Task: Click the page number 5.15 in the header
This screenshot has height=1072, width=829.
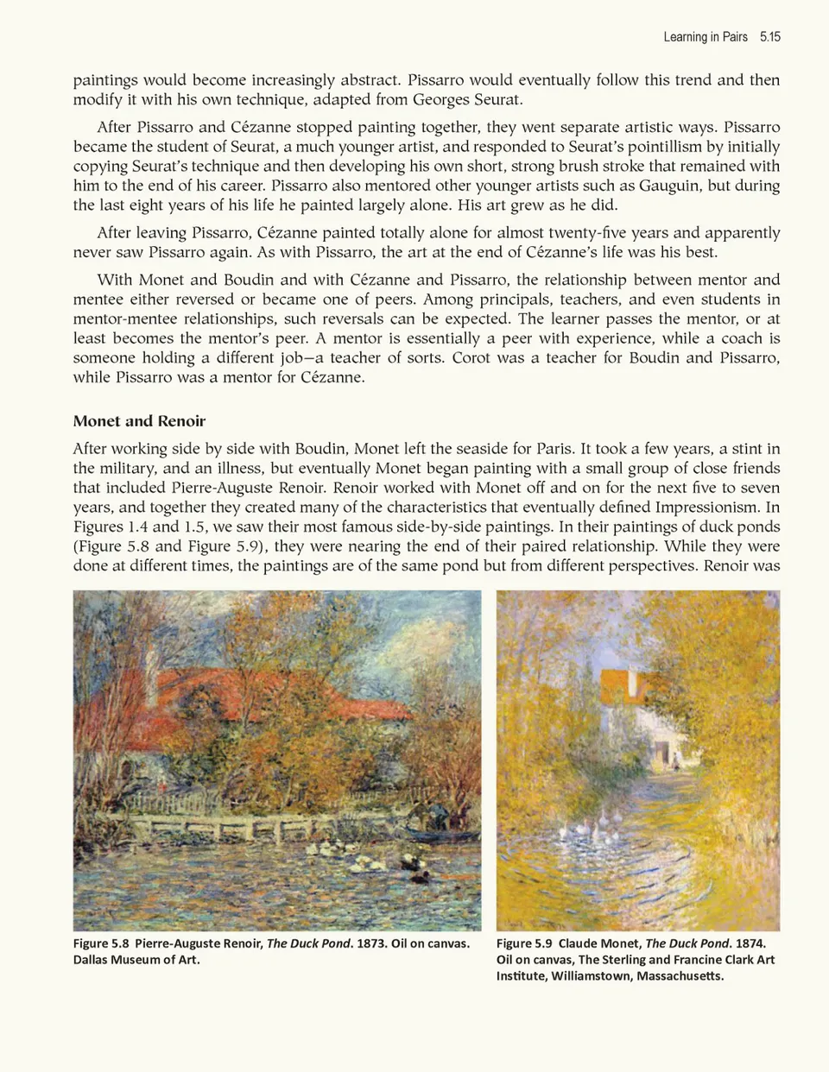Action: click(769, 36)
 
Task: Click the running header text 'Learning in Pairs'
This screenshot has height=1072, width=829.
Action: click(706, 36)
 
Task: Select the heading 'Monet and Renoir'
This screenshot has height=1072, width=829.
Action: click(139, 421)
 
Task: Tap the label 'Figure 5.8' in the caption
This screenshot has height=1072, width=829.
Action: click(101, 943)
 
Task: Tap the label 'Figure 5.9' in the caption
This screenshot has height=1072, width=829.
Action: click(524, 943)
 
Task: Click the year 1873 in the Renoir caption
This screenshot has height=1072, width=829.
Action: click(370, 943)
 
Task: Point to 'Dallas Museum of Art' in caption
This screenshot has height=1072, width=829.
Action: click(136, 960)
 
